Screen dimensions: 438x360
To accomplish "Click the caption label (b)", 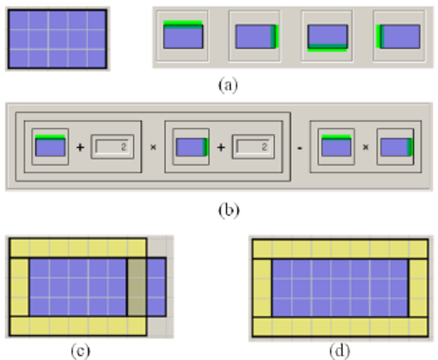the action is [228, 210].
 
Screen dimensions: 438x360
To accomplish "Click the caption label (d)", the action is [340, 351].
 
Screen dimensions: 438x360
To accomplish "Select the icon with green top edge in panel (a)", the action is [183, 36].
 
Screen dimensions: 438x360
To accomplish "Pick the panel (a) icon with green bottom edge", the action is [327, 37].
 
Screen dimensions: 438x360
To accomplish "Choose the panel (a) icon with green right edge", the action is [255, 37].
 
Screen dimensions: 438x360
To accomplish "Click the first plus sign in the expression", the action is [80, 147].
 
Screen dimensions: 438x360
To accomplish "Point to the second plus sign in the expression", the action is [221, 147].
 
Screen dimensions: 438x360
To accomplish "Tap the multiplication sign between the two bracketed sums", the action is [153, 147].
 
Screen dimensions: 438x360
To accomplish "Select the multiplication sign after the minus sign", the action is [365, 147].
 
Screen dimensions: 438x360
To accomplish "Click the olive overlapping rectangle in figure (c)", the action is [137, 287].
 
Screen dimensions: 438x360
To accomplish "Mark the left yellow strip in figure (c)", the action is [20, 287].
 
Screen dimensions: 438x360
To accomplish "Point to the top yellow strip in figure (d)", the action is [340, 248].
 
